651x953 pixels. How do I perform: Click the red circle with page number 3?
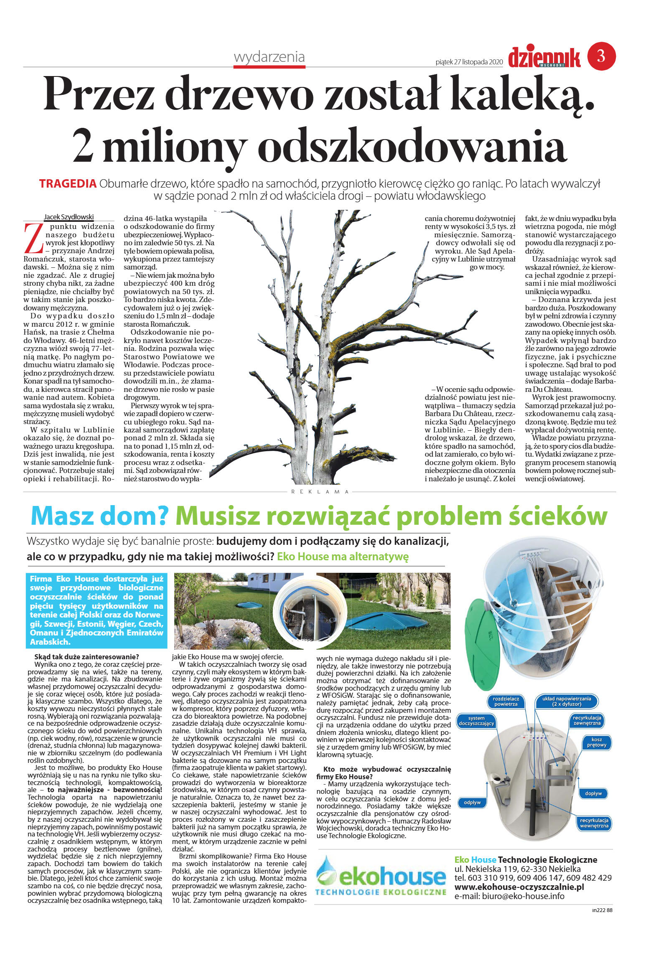(601, 56)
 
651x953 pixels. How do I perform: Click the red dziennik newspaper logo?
(544, 58)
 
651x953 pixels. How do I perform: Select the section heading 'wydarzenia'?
(269, 57)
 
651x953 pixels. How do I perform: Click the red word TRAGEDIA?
(68, 183)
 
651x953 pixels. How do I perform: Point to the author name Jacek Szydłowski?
(69, 217)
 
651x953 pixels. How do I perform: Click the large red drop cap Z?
(33, 239)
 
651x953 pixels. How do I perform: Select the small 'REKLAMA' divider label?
(320, 492)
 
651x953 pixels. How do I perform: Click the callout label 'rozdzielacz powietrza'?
(506, 701)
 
